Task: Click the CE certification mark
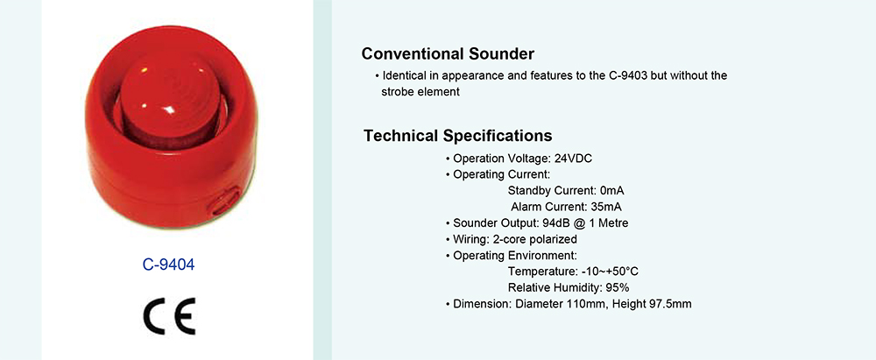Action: [x=168, y=316]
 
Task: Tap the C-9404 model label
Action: [x=169, y=265]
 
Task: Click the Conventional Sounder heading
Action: [x=448, y=53]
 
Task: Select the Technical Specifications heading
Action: [x=457, y=135]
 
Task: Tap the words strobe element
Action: [x=420, y=92]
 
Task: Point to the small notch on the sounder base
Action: [x=225, y=201]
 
